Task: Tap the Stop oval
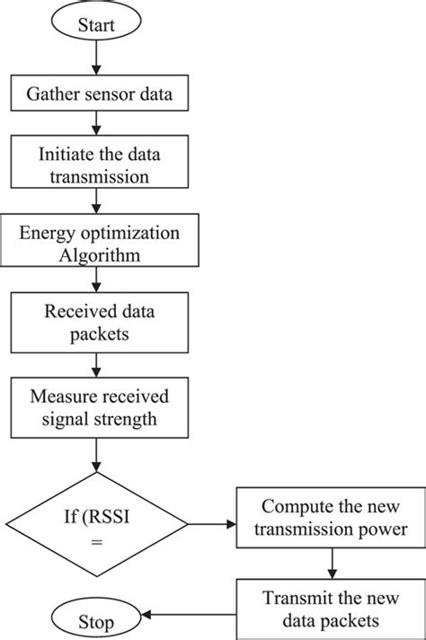coord(97,620)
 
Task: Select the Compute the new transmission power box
coord(331,520)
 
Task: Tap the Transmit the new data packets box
coord(331,609)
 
